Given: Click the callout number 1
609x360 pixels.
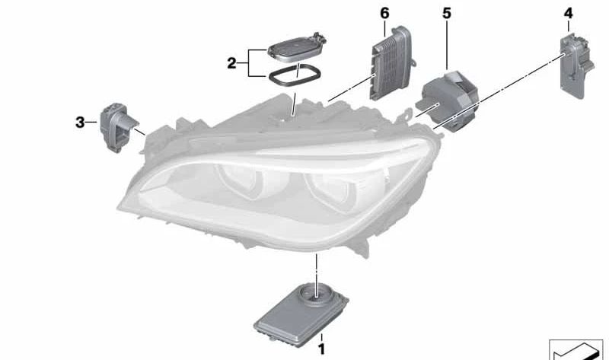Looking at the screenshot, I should click(321, 349).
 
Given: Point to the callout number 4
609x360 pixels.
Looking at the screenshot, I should click(569, 13).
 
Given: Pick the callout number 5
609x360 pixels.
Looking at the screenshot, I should click(446, 13).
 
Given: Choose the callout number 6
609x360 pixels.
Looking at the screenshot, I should click(384, 13).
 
